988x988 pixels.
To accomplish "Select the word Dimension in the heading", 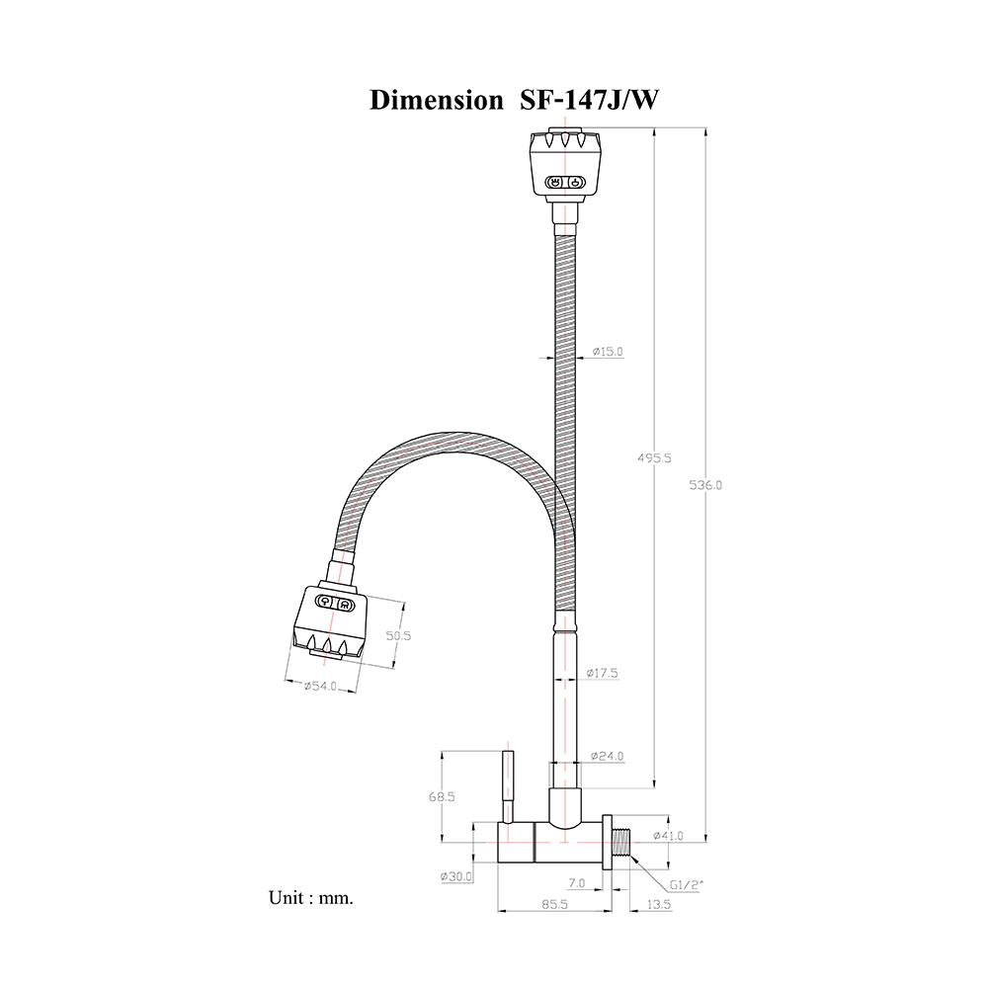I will (x=435, y=101).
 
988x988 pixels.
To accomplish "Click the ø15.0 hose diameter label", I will (x=608, y=352).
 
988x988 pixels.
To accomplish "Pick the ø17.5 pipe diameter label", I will (x=602, y=673).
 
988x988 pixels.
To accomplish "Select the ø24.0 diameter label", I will (x=607, y=757).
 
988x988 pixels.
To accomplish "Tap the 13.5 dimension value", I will (x=658, y=904).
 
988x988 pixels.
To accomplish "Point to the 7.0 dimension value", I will (x=578, y=882).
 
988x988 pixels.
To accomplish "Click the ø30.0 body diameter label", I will (x=456, y=876).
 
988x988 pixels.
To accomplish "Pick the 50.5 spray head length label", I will (x=397, y=636).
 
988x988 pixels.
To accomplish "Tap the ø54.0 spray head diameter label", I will (x=320, y=685).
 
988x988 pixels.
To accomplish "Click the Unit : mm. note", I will (x=310, y=898).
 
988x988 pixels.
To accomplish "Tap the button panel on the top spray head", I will (x=566, y=182).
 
